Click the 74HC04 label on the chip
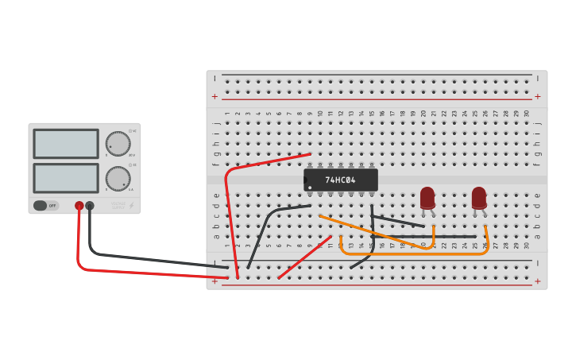[340, 180]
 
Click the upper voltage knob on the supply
[118, 143]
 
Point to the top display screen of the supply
[66, 144]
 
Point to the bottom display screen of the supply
[66, 177]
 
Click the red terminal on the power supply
[79, 206]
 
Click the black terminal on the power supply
[90, 206]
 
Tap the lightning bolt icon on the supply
[131, 205]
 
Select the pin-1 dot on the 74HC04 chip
[309, 188]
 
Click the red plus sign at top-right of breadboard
[538, 96]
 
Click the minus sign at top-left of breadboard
[215, 79]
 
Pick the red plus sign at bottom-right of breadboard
[538, 281]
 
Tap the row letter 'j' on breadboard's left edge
[215, 123]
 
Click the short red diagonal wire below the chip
[304, 257]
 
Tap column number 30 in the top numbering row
[527, 114]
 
